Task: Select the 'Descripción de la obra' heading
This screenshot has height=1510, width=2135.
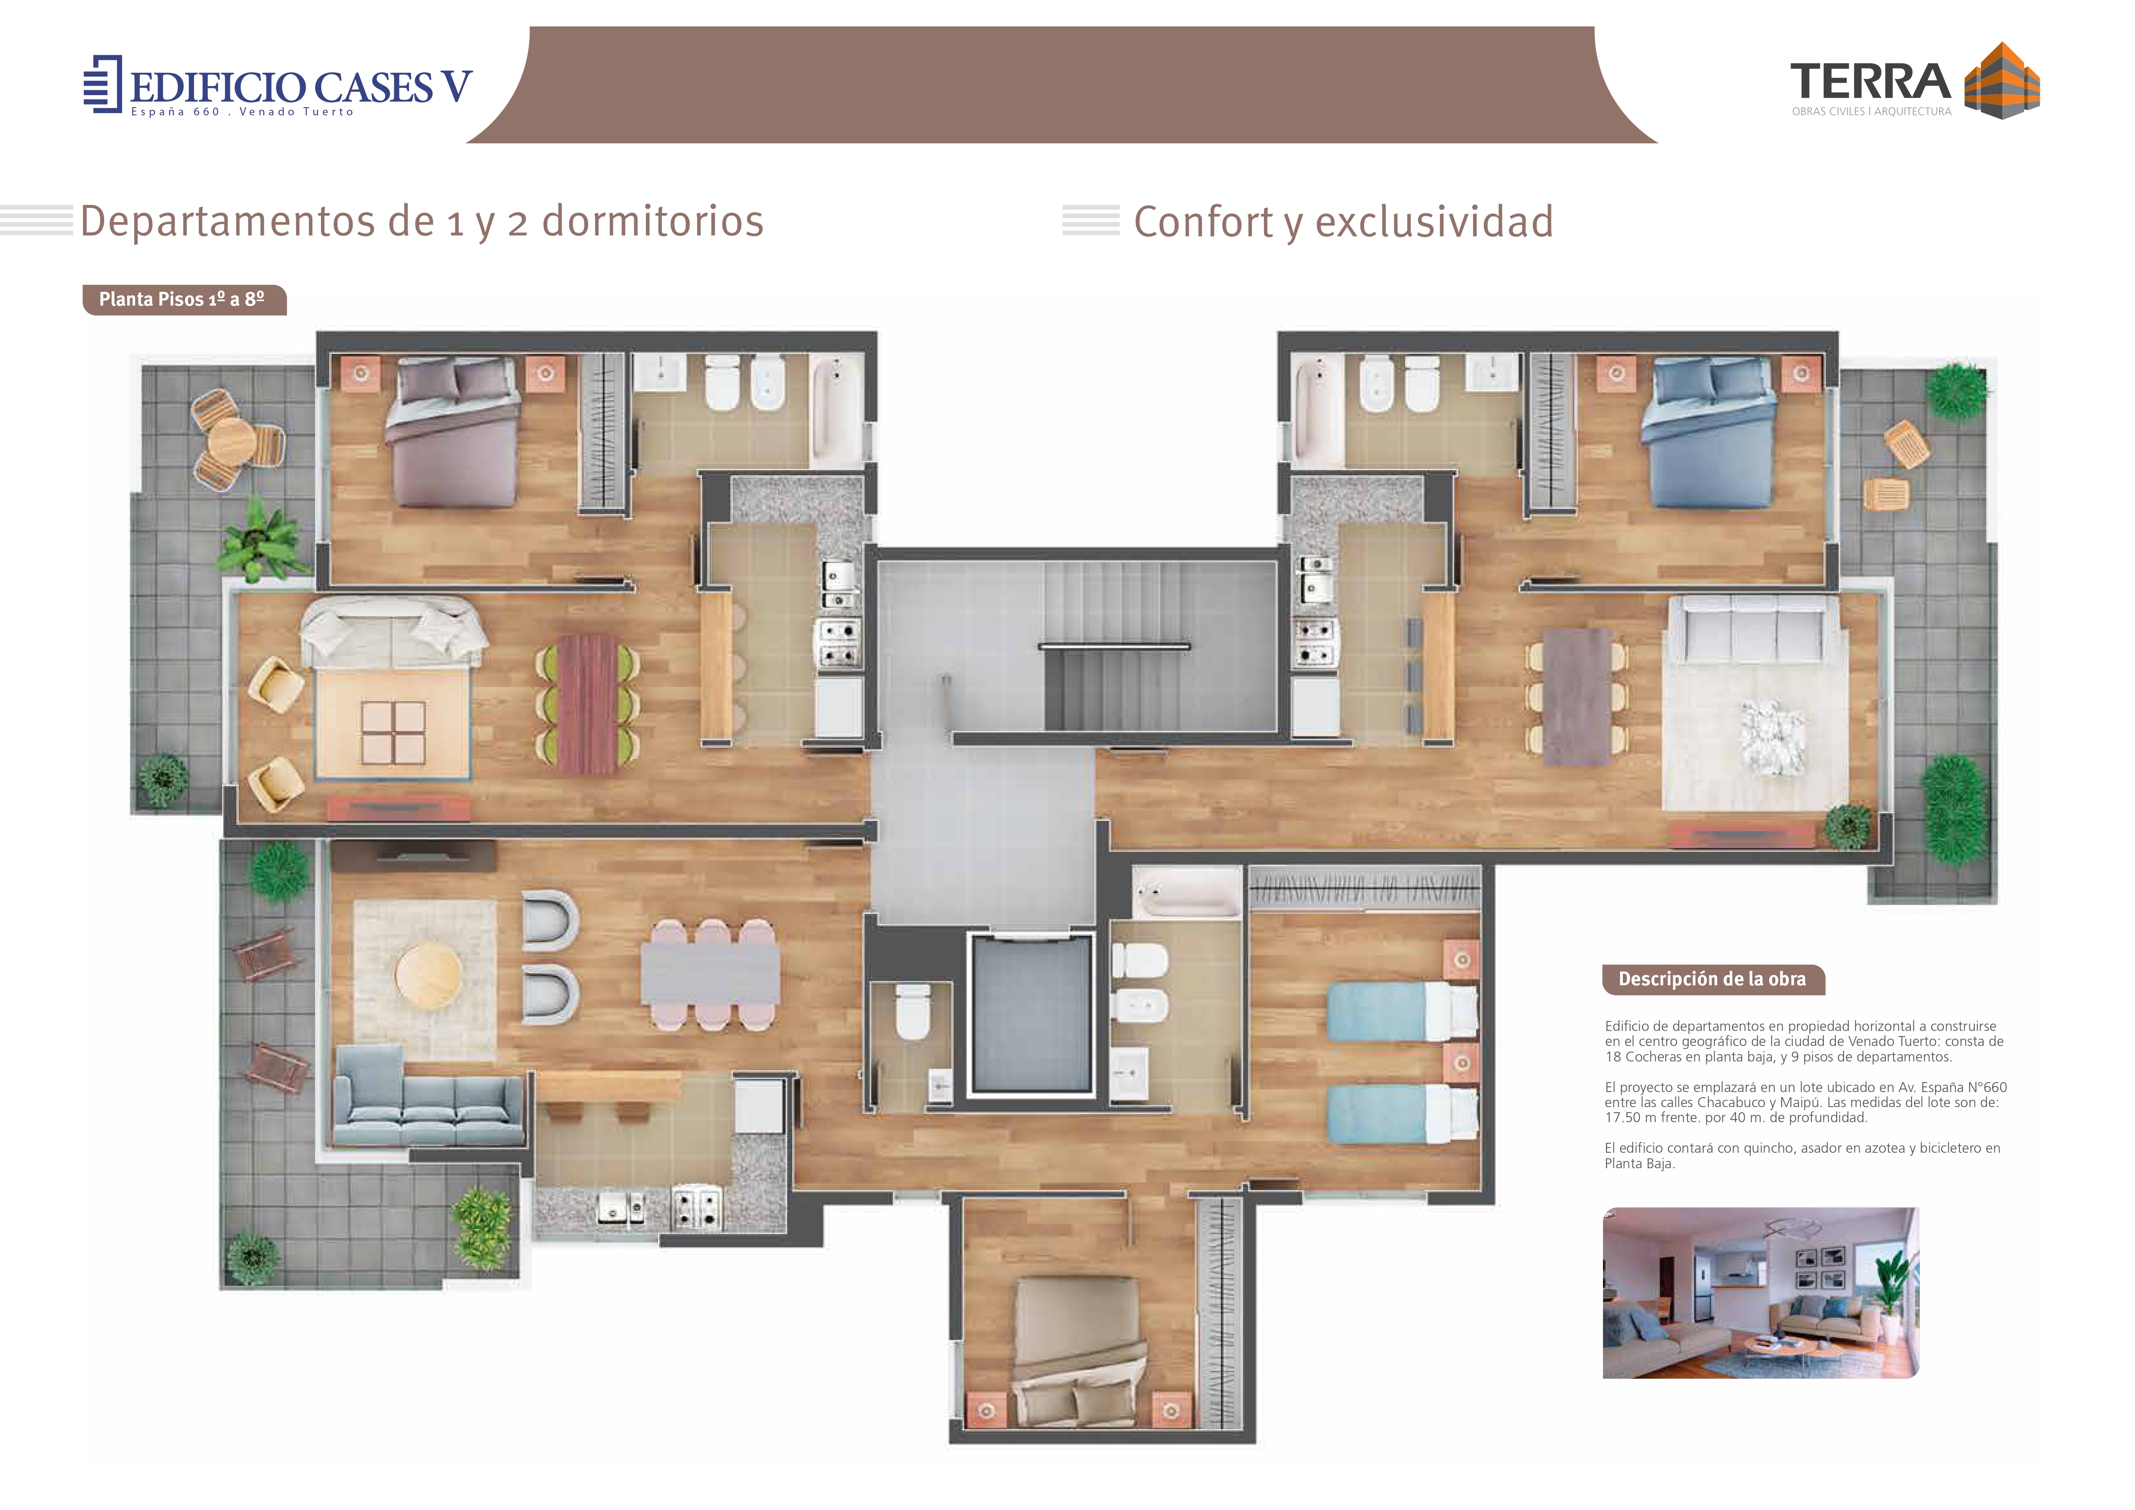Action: (x=1713, y=979)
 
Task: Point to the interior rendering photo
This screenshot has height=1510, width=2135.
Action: (x=1760, y=1293)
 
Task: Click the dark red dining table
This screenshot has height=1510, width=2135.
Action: (x=588, y=704)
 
